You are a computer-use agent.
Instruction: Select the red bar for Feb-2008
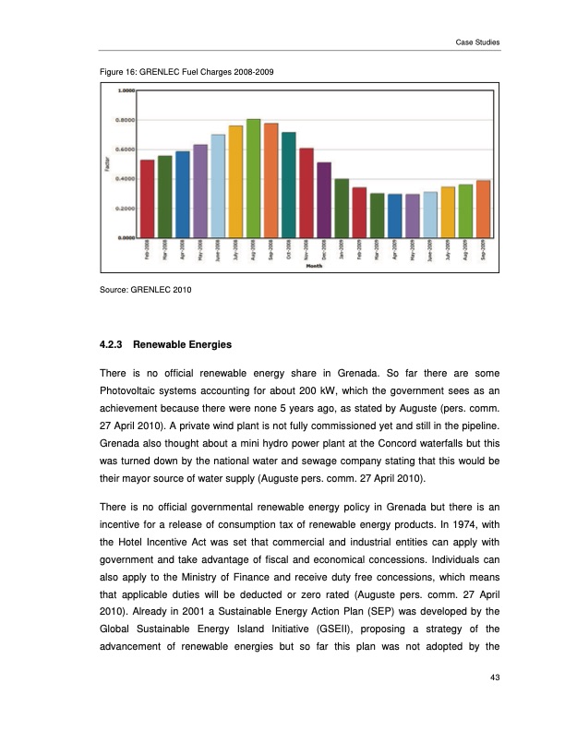(147, 198)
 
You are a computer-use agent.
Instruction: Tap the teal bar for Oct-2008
(289, 185)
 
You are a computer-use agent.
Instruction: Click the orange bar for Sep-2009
(483, 209)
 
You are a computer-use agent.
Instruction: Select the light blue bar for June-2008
(218, 186)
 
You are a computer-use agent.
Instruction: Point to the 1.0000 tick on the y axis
(126, 90)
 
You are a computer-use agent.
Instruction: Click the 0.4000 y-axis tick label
(126, 179)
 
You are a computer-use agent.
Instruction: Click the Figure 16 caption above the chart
(175, 71)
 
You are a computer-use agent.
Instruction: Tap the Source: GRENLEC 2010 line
(144, 291)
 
